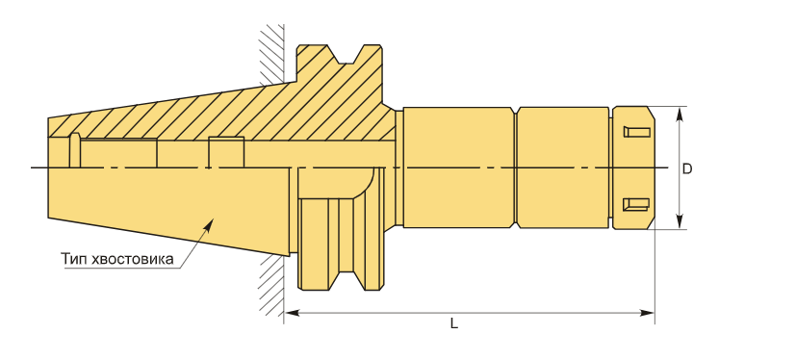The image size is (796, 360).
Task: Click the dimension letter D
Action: point(687,168)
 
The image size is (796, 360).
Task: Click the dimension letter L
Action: point(454,323)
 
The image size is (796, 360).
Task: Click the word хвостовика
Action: point(133,259)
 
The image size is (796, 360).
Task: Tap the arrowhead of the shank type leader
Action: point(209,223)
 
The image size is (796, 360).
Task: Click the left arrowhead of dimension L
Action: point(292,312)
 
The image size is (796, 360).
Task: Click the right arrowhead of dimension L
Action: point(647,312)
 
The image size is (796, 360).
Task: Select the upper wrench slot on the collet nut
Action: point(636,132)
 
